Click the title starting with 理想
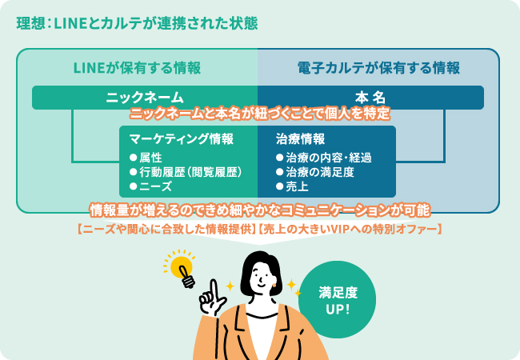pyautogui.click(x=137, y=23)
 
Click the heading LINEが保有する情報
pyautogui.click(x=137, y=68)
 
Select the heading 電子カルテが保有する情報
pyautogui.click(x=378, y=68)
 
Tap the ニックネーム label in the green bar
pyautogui.click(x=145, y=98)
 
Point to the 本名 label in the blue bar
pyautogui.click(x=370, y=98)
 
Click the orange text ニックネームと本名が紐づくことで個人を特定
pyautogui.click(x=260, y=114)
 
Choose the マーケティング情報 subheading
pyautogui.click(x=182, y=139)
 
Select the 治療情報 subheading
pyautogui.click(x=301, y=139)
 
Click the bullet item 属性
pyautogui.click(x=146, y=158)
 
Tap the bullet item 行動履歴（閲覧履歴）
pyautogui.click(x=186, y=172)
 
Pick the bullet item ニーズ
pyautogui.click(x=151, y=186)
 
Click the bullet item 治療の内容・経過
pyautogui.click(x=324, y=158)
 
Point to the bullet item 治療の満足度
pyautogui.click(x=315, y=172)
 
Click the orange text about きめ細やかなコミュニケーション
pyautogui.click(x=260, y=210)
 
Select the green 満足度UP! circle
pyautogui.click(x=338, y=299)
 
